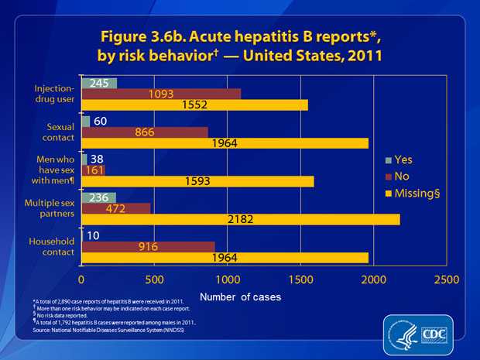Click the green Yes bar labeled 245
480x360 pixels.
pos(99,83)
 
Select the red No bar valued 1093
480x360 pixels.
pos(160,94)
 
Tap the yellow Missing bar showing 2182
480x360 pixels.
pos(240,220)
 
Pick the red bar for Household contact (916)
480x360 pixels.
pos(148,246)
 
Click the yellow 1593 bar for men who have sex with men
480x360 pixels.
pos(197,181)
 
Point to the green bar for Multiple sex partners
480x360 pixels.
pos(98,198)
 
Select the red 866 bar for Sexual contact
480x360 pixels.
pos(144,132)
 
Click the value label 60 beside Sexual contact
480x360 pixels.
pos(101,121)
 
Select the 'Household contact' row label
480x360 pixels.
pos(53,245)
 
